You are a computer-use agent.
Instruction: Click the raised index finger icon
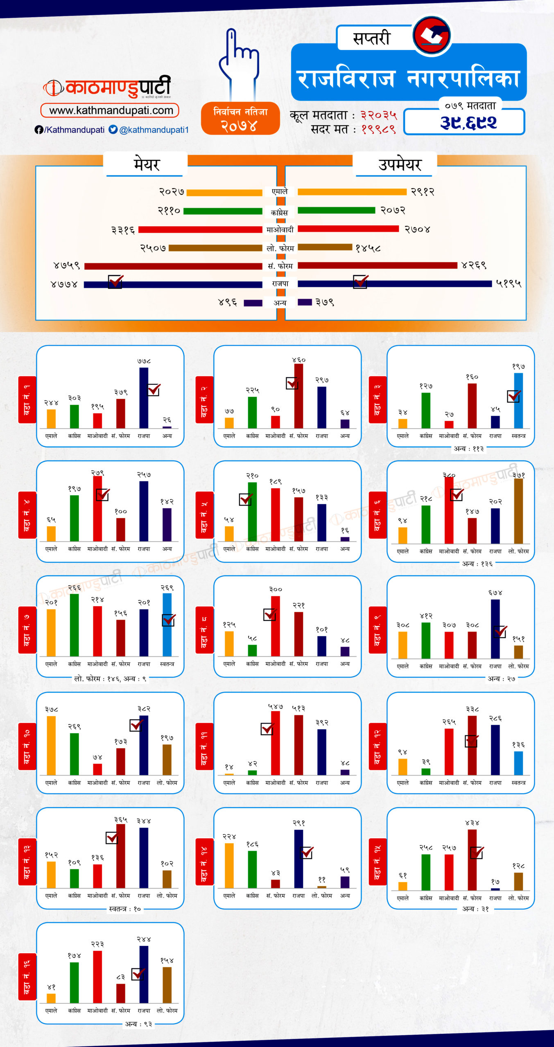pyautogui.click(x=239, y=61)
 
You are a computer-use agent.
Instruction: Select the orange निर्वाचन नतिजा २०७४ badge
pyautogui.click(x=240, y=119)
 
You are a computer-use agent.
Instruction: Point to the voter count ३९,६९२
pyautogui.click(x=468, y=122)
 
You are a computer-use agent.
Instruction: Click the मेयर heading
pyautogui.click(x=147, y=164)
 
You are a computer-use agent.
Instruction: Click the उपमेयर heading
pyautogui.click(x=400, y=164)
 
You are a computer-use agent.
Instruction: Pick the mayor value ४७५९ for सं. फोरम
pyautogui.click(x=67, y=265)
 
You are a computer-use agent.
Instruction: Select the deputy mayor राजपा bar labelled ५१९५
pyautogui.click(x=395, y=284)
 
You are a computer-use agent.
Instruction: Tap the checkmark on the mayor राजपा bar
pyautogui.click(x=115, y=281)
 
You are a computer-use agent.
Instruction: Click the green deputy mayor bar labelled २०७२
pyautogui.click(x=336, y=210)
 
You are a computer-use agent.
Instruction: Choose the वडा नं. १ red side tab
pyautogui.click(x=27, y=399)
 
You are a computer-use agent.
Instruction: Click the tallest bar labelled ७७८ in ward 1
pyautogui.click(x=144, y=398)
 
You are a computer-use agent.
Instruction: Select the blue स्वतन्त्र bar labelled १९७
pyautogui.click(x=518, y=400)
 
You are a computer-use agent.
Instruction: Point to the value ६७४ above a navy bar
pyautogui.click(x=495, y=593)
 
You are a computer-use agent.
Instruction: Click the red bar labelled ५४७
pyautogui.click(x=276, y=743)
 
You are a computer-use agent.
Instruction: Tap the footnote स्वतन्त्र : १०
pyautogui.click(x=125, y=909)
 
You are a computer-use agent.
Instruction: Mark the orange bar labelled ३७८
pyautogui.click(x=51, y=745)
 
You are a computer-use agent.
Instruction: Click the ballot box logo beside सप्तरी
pyautogui.click(x=432, y=35)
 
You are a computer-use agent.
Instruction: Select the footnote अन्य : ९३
pyautogui.click(x=138, y=1024)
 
